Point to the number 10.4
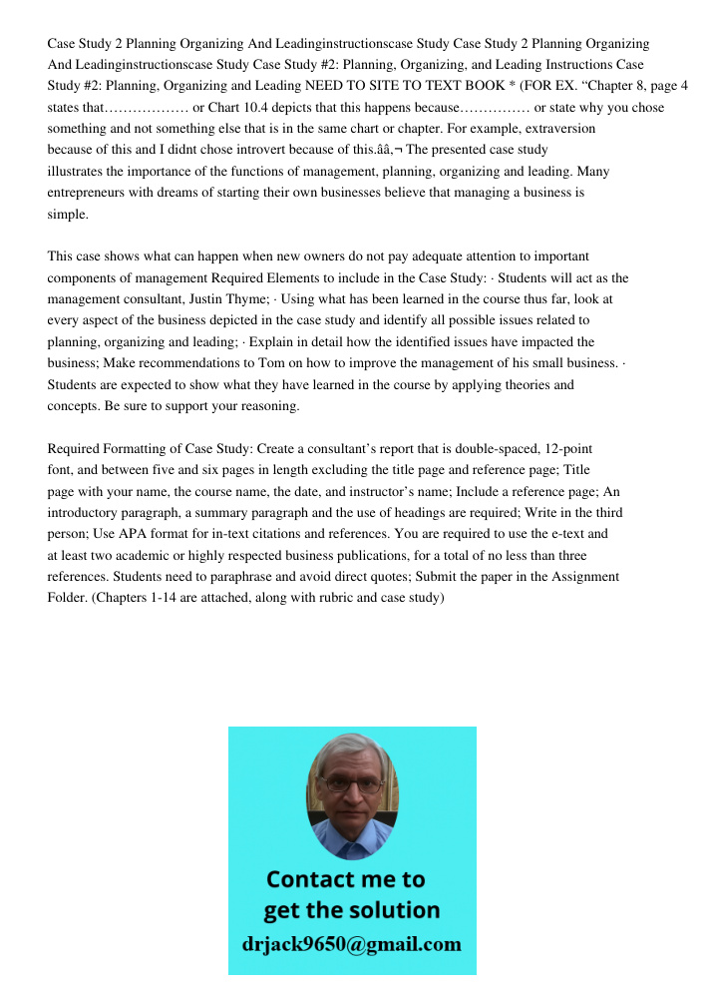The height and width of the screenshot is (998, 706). pos(253,108)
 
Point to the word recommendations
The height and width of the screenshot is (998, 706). pos(198,362)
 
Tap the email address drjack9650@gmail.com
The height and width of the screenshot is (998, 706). pos(352,943)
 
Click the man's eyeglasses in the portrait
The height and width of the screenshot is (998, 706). pos(352,784)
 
